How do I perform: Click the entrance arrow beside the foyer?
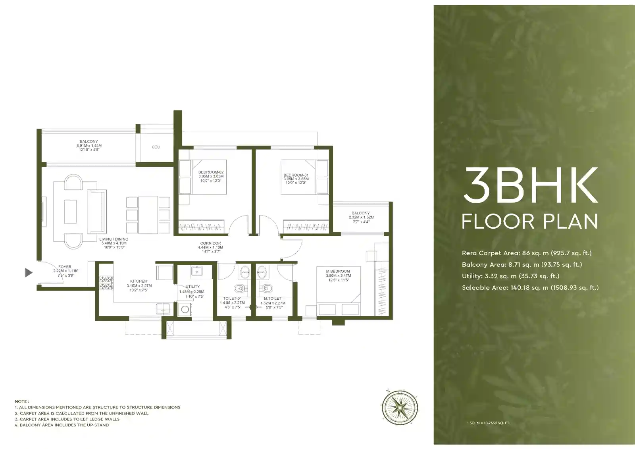pyautogui.click(x=29, y=272)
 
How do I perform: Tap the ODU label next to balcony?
pyautogui.click(x=156, y=147)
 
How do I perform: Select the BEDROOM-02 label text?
pyautogui.click(x=211, y=172)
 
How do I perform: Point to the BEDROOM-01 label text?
pyautogui.click(x=296, y=175)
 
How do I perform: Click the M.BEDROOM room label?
pyautogui.click(x=338, y=271)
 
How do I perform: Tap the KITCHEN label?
pyautogui.click(x=139, y=281)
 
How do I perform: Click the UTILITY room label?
pyautogui.click(x=192, y=286)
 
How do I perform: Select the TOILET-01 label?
pyautogui.click(x=232, y=298)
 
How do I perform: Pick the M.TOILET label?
pyautogui.click(x=273, y=298)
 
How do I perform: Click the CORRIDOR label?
pyautogui.click(x=210, y=243)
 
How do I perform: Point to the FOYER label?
pyautogui.click(x=65, y=267)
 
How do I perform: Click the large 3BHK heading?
pyautogui.click(x=530, y=186)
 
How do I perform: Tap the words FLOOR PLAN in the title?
pyautogui.click(x=530, y=222)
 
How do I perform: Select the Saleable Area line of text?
pyautogui.click(x=530, y=287)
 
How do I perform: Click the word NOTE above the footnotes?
pyautogui.click(x=22, y=401)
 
